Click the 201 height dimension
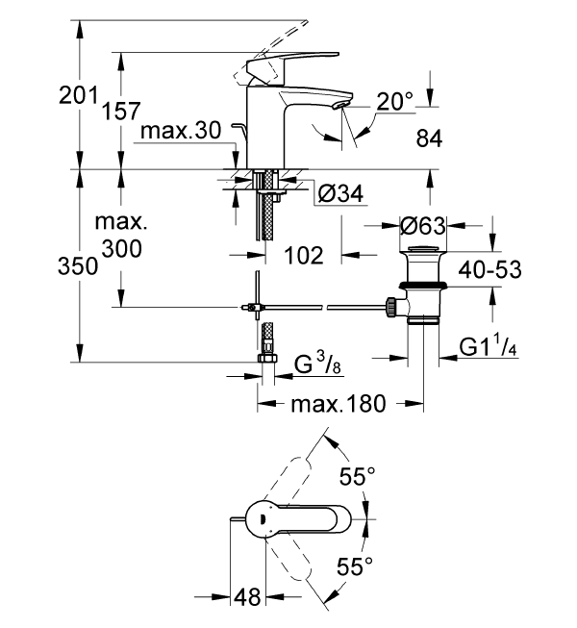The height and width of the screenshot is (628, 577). [x=79, y=97]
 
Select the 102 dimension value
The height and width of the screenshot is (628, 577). [x=304, y=257]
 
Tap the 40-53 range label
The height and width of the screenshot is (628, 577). [x=489, y=269]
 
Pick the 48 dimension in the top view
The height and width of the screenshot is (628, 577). [x=248, y=597]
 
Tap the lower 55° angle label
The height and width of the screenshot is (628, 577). [x=357, y=567]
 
